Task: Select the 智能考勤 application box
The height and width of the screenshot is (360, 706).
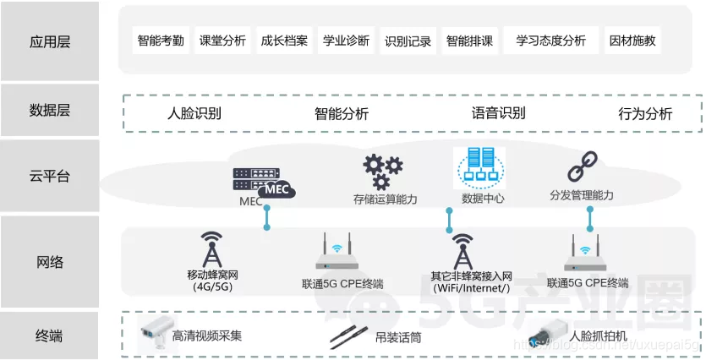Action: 161,41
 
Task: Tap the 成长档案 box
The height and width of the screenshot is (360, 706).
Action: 284,41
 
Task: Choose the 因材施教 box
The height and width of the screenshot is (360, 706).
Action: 632,41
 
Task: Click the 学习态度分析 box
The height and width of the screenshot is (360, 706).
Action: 550,41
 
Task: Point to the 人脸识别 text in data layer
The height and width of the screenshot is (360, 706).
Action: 194,113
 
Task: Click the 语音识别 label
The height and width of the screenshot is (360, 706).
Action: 498,113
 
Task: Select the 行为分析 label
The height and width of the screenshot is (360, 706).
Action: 645,113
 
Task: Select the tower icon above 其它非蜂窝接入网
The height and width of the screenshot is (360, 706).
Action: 462,249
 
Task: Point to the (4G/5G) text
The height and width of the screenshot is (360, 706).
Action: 212,287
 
